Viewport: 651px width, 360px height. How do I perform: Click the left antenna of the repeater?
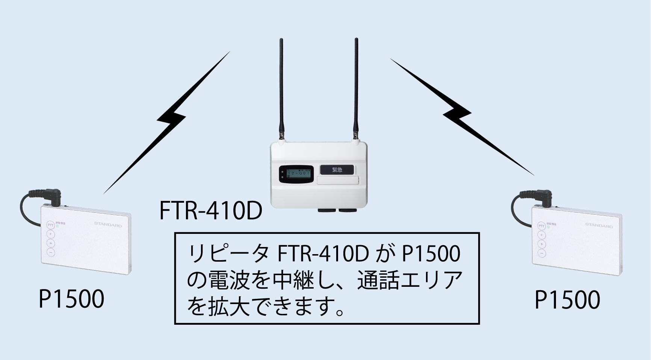(x=281, y=86)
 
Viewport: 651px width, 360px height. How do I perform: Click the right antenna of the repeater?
(x=356, y=86)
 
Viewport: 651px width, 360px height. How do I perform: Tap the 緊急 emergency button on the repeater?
(x=337, y=169)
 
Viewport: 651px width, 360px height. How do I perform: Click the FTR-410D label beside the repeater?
(x=210, y=211)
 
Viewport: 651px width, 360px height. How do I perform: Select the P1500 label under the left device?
(x=71, y=300)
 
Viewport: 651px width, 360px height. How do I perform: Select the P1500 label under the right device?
(x=567, y=300)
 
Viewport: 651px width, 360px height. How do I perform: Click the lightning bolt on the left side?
(x=169, y=120)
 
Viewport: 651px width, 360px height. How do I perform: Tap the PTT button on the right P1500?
(x=541, y=226)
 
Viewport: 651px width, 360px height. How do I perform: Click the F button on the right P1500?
(x=541, y=235)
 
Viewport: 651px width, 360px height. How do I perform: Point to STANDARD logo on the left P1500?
(x=108, y=225)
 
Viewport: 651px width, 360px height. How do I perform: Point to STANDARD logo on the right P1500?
(x=599, y=226)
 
